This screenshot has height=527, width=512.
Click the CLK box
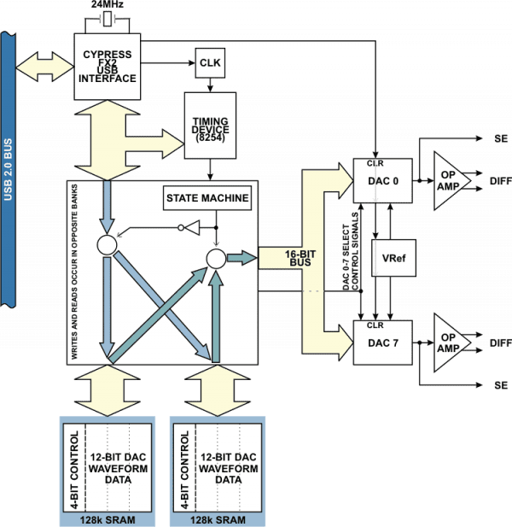[210, 63]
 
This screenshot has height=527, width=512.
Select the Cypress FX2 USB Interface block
[108, 67]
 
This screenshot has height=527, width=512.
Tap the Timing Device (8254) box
[210, 126]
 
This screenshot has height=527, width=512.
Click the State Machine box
[207, 198]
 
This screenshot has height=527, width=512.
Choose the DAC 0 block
[383, 181]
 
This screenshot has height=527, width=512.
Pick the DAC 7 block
[383, 343]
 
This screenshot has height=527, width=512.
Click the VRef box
[393, 258]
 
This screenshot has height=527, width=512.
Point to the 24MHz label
[108, 4]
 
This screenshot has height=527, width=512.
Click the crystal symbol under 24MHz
[108, 19]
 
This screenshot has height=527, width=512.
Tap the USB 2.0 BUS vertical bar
[8, 169]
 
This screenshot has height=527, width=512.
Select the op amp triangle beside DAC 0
[452, 181]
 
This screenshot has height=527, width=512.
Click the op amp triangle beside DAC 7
[452, 343]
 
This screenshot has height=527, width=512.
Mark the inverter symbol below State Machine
[189, 227]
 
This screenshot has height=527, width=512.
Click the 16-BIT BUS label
[300, 258]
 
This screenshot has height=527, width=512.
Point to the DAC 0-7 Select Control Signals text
[351, 251]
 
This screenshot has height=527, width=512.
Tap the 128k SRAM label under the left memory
[108, 520]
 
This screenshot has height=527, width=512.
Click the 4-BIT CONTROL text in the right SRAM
[184, 470]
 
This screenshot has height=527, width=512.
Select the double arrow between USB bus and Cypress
[44, 67]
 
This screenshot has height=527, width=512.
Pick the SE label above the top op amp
[501, 138]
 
